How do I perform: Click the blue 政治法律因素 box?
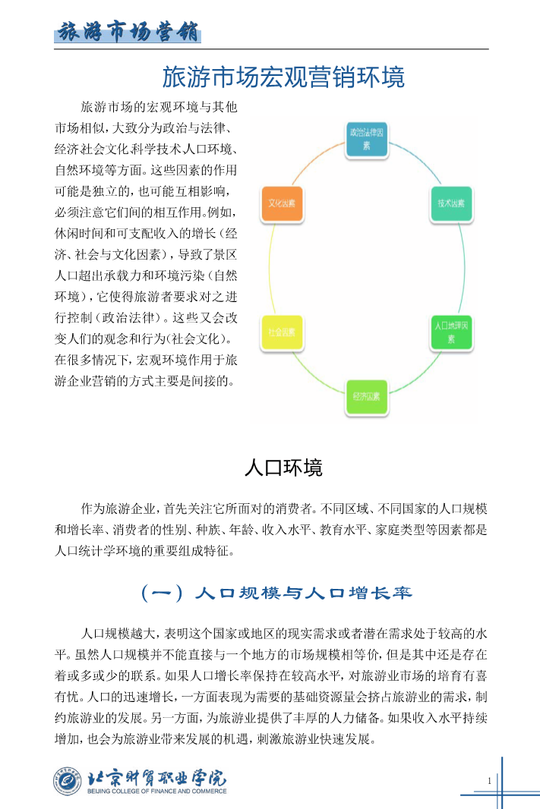point(368,138)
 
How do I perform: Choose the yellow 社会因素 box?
point(281,332)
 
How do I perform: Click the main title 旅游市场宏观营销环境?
point(283,77)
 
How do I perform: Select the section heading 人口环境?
point(283,467)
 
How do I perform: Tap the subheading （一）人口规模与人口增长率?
point(277,593)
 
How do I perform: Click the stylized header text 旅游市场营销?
point(128,33)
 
